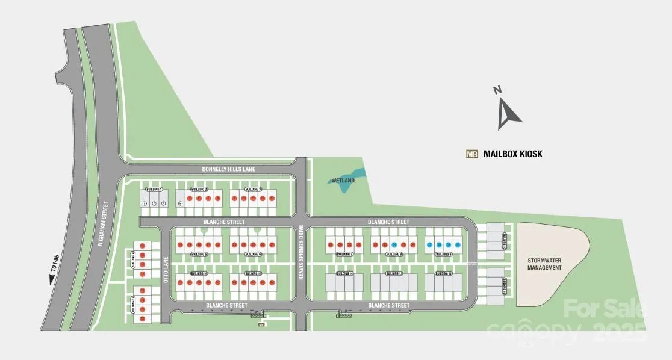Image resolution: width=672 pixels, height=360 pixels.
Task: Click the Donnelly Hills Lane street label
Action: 229,170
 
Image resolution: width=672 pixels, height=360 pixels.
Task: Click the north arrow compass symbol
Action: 506,111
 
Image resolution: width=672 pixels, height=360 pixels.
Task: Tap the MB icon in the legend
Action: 472,154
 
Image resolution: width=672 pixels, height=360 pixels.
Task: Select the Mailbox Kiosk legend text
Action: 513,154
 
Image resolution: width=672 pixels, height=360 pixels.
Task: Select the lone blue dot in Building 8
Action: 394,245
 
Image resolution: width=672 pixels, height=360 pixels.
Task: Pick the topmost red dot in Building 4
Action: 143,246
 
